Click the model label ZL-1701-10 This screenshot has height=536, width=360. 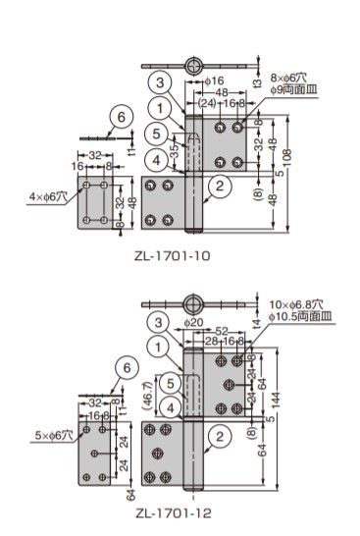[x=172, y=255]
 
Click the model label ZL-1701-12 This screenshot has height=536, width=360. [x=174, y=512]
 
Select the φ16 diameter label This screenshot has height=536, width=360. [x=215, y=80]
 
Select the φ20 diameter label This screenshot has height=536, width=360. [x=193, y=322]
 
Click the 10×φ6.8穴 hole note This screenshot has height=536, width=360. [x=296, y=304]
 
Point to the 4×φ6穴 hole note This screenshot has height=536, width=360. [x=48, y=196]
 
